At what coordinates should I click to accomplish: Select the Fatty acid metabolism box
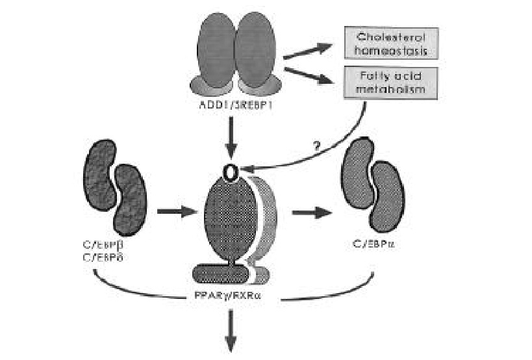(x=386, y=84)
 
